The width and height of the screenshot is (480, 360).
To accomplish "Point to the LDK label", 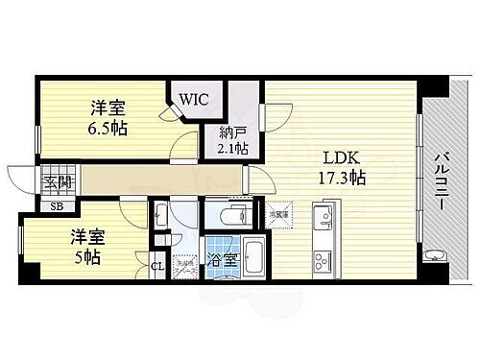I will [340, 156].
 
